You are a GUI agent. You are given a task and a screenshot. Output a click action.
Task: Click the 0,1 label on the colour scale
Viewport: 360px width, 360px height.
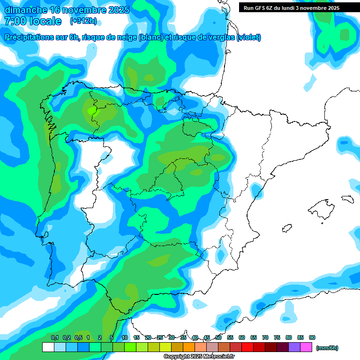tap(55, 337)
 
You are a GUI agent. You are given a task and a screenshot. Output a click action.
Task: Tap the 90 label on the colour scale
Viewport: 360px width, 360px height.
tap(312, 337)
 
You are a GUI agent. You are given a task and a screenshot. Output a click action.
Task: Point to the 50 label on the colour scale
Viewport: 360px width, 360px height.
tap(218, 337)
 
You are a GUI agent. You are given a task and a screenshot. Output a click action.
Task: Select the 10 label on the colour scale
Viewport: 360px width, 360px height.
tap(125, 337)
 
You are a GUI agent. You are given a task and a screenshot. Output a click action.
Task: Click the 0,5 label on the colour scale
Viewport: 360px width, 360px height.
tap(78, 337)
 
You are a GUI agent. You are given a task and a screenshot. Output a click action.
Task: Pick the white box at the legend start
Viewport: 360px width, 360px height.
tap(48, 347)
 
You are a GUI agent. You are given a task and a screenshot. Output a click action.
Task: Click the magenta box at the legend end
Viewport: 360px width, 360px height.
tap(306, 347)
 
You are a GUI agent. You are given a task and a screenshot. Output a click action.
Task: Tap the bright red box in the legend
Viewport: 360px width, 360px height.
tap(247, 347)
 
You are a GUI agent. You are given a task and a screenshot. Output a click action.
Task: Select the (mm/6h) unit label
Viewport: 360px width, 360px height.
tap(327, 348)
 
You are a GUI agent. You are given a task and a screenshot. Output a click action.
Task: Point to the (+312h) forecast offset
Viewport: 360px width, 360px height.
tap(83, 21)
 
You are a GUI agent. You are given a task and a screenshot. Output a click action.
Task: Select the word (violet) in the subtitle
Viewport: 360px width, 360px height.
tap(248, 37)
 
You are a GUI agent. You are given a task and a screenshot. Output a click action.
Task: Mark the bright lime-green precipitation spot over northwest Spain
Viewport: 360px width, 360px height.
tap(92, 111)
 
